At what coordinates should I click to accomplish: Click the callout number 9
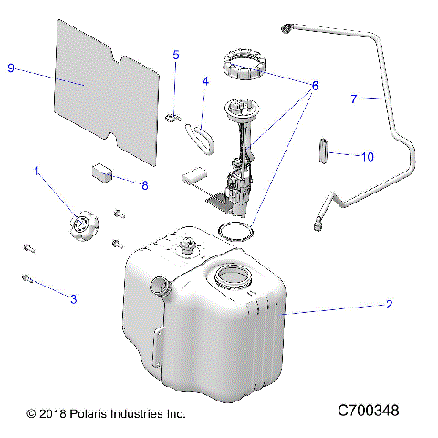11,68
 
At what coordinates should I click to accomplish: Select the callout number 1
37,171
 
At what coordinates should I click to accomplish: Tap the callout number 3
74,298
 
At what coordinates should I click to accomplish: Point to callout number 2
390,305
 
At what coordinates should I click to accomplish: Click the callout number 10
366,157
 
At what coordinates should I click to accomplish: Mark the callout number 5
176,55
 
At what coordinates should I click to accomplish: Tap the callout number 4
205,81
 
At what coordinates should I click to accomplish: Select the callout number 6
315,86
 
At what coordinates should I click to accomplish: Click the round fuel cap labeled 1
83,225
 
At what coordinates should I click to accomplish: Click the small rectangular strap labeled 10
322,149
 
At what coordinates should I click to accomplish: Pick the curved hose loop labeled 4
200,138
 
